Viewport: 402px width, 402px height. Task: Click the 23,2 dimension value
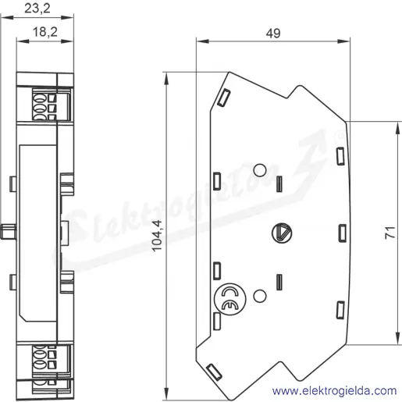click(x=37, y=9)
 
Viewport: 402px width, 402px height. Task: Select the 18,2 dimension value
click(x=45, y=32)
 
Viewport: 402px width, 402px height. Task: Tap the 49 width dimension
click(x=273, y=34)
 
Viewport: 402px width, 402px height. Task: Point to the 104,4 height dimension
click(x=157, y=236)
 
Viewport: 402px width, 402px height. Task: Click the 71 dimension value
click(x=390, y=233)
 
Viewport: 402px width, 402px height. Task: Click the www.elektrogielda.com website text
click(x=335, y=391)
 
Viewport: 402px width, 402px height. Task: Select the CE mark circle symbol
click(x=229, y=299)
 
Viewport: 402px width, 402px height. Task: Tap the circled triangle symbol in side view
click(x=282, y=233)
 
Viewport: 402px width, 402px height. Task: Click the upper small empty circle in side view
click(x=260, y=170)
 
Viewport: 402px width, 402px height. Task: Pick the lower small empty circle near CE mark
click(x=260, y=296)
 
